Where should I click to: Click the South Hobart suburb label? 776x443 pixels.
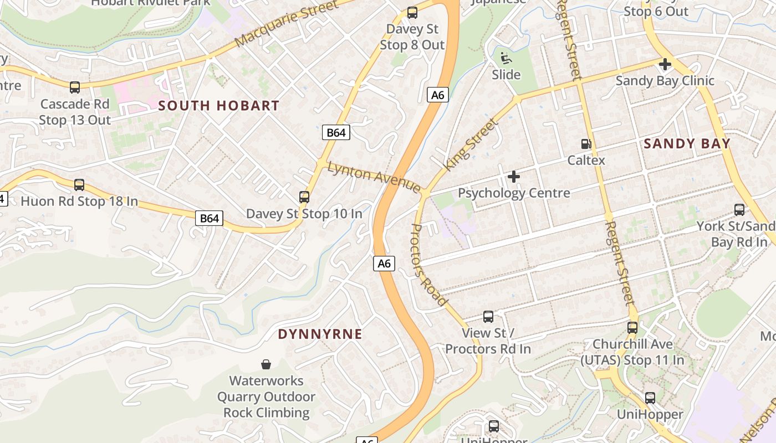[219, 105]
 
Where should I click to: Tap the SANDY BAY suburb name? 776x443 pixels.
[687, 143]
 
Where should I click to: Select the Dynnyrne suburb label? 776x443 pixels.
[320, 334]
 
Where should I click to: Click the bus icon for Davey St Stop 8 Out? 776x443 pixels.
[412, 12]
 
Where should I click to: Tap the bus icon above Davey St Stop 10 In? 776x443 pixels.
[304, 197]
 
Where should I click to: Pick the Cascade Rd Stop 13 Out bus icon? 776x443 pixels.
[75, 87]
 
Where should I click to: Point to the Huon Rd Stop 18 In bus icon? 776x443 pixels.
[79, 184]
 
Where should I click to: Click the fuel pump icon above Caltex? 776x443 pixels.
[586, 144]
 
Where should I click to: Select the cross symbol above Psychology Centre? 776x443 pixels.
[514, 177]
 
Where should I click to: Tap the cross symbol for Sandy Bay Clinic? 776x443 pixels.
[665, 64]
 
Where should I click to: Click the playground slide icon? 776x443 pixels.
[506, 58]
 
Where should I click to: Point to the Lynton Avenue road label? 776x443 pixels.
[374, 177]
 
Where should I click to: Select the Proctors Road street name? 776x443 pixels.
[430, 265]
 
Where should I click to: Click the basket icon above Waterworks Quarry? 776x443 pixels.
[266, 364]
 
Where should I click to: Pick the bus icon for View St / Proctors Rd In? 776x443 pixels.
[488, 316]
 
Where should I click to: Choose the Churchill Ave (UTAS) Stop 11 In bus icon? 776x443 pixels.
[632, 327]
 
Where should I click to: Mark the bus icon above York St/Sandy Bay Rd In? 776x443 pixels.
[739, 209]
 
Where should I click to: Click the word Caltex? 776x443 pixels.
[586, 160]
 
